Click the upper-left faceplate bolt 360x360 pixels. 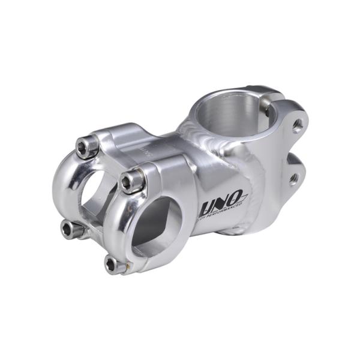click(x=88, y=146)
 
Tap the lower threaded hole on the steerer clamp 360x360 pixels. click(x=293, y=178)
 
